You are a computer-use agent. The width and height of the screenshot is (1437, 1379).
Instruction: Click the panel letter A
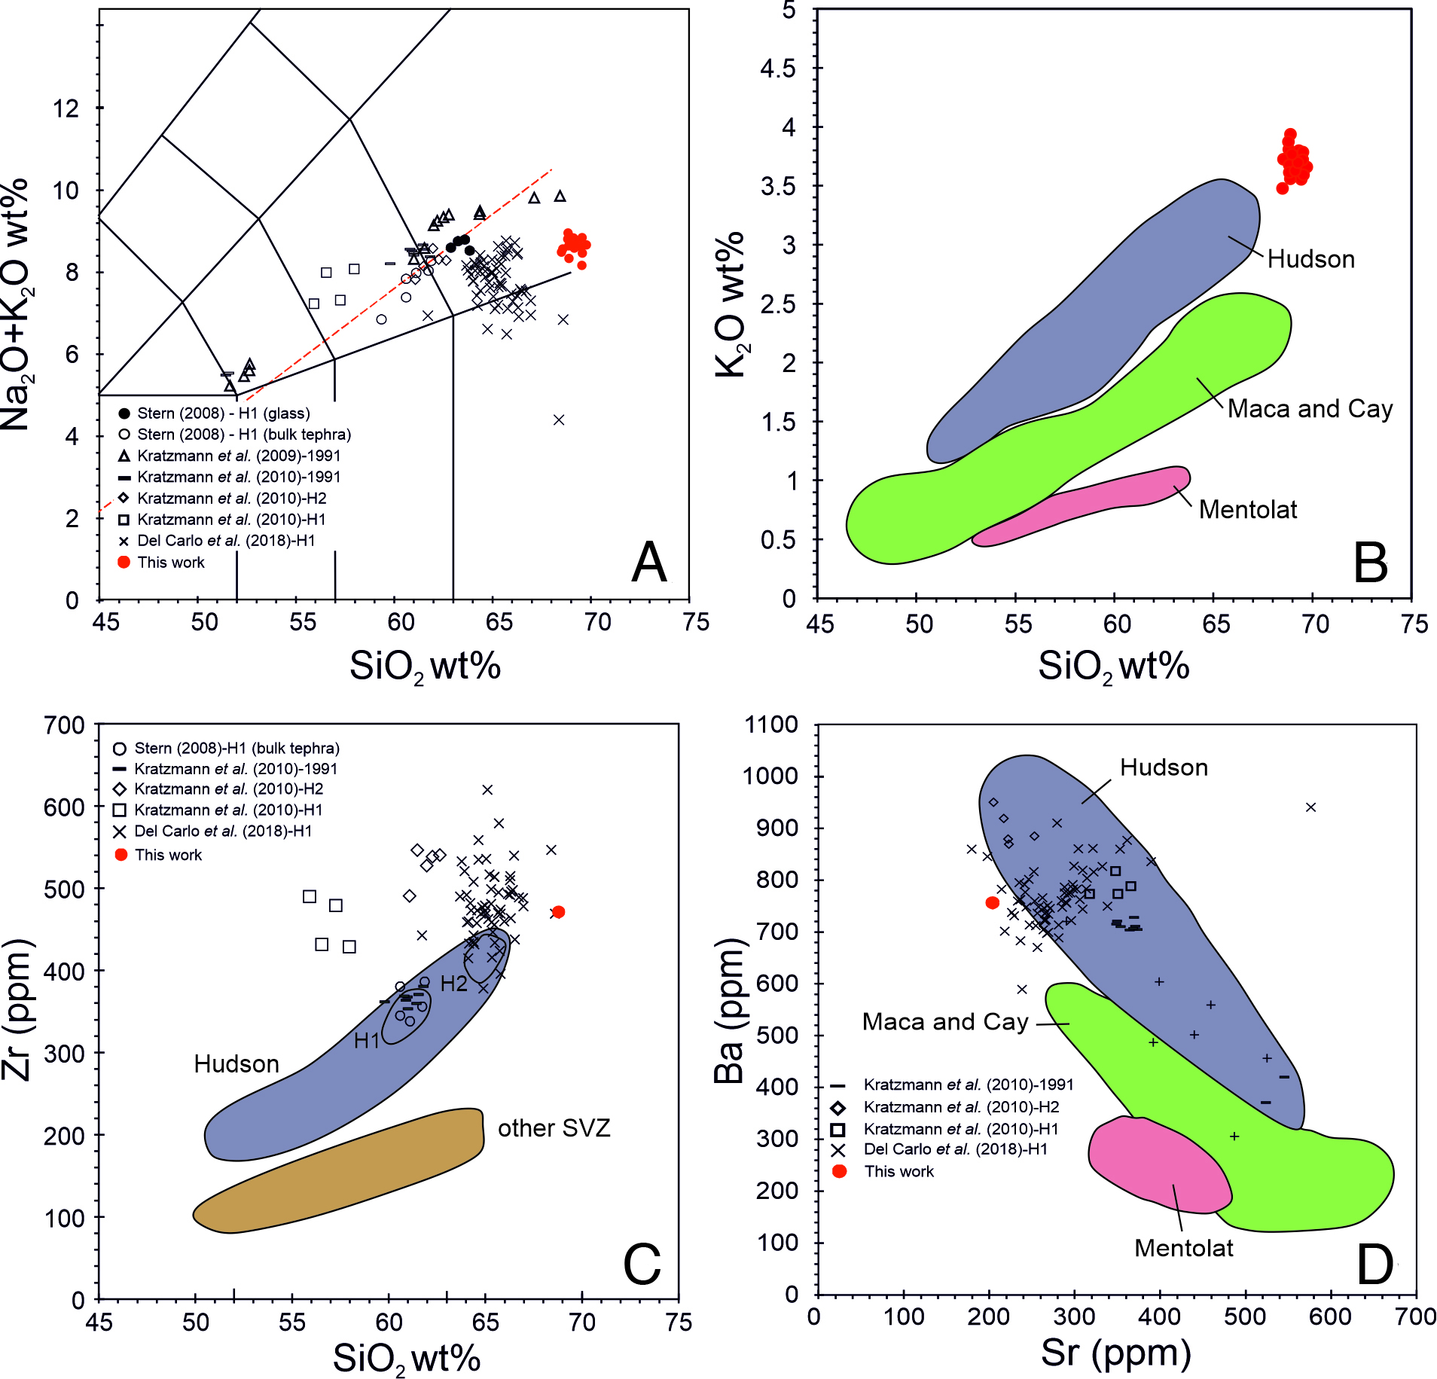(x=648, y=563)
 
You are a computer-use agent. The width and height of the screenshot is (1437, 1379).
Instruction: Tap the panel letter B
(x=1370, y=563)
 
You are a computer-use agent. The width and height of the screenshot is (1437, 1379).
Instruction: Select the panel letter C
(x=642, y=1265)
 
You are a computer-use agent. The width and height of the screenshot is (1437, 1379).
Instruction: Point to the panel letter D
(x=1374, y=1265)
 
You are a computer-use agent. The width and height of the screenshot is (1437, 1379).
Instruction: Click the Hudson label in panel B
(x=1310, y=259)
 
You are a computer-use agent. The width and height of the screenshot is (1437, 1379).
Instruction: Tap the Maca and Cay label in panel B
(x=1310, y=409)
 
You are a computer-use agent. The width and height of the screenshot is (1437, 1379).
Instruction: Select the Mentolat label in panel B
(x=1247, y=510)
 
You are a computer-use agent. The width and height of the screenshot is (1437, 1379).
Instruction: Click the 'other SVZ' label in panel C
(x=554, y=1128)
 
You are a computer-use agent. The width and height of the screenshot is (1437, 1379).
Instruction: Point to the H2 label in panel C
(x=453, y=984)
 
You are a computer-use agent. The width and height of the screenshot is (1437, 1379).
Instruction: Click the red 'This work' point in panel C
(x=558, y=912)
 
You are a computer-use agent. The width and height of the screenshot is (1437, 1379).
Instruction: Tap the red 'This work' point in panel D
(x=992, y=903)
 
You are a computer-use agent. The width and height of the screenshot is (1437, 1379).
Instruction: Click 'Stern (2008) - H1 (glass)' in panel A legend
(x=223, y=413)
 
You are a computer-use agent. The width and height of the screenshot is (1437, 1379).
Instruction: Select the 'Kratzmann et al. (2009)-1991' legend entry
(x=238, y=456)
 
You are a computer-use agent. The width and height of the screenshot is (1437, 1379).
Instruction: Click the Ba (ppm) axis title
(x=729, y=1011)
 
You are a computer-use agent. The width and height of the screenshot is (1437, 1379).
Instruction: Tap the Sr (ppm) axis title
(x=1115, y=1353)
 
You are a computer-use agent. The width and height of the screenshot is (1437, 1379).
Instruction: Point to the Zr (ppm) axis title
(x=17, y=1009)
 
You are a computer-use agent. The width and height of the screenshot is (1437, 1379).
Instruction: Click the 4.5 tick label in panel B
(x=777, y=69)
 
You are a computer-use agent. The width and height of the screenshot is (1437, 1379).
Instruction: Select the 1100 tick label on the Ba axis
(x=770, y=725)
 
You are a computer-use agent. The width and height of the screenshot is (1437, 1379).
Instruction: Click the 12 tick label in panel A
(x=66, y=108)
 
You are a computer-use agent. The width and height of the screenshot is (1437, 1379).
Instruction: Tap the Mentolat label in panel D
(x=1183, y=1249)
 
